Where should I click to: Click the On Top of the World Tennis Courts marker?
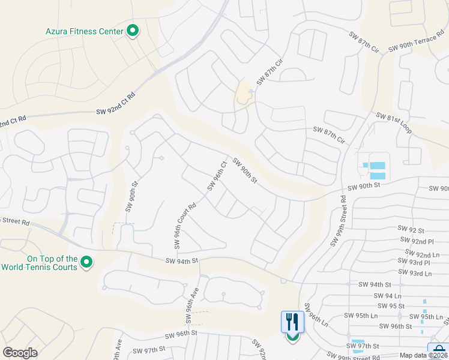86,262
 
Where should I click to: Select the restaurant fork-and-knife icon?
293,322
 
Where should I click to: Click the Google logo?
20,353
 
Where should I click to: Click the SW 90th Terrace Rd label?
418,48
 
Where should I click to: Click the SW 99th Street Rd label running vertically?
339,221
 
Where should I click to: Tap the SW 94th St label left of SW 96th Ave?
181,261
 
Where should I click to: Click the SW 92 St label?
411,230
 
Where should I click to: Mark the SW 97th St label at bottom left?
148,350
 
